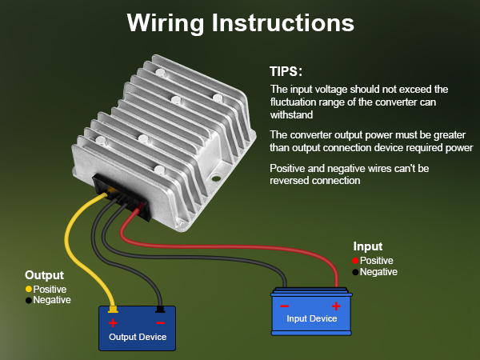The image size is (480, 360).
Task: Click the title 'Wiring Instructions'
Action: [240, 22]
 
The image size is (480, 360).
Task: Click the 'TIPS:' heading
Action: [286, 71]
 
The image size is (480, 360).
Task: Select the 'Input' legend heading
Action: [367, 246]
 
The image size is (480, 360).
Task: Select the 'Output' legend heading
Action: [44, 274]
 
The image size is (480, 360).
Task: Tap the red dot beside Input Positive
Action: [354, 261]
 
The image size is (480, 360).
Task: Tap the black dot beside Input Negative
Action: [354, 272]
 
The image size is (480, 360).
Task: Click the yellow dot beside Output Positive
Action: [29, 289]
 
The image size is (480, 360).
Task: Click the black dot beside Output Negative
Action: [29, 300]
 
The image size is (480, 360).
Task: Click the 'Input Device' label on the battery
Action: [312, 318]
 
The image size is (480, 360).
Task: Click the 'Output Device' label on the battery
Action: [138, 337]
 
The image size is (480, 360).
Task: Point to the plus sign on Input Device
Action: [336, 306]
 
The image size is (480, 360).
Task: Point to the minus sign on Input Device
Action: [286, 306]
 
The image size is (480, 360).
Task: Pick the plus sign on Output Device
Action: [113, 323]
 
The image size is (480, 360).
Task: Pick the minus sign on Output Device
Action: [160, 323]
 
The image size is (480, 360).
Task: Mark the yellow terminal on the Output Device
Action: [113, 309]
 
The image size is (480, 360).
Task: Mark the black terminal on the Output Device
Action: [160, 309]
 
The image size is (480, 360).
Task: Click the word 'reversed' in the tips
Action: [292, 181]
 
